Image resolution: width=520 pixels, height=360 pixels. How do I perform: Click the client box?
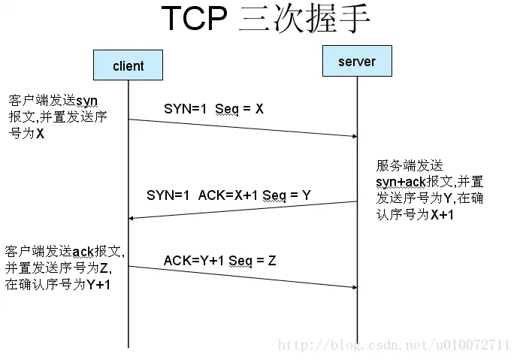(x=128, y=65)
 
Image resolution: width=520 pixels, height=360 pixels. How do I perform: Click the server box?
(x=357, y=61)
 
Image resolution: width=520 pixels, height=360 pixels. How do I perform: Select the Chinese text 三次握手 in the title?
(x=304, y=20)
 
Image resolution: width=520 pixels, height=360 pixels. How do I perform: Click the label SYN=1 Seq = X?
(x=213, y=109)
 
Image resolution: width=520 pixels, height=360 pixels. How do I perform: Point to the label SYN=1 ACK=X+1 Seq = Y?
(x=228, y=195)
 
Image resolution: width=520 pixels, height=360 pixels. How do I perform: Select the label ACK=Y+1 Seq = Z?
(x=219, y=260)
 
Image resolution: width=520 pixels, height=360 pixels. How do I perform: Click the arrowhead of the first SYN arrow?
(x=353, y=136)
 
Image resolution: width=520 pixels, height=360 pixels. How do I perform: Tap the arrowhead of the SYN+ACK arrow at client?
(x=132, y=218)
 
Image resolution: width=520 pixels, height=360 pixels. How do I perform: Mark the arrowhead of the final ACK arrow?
(x=353, y=287)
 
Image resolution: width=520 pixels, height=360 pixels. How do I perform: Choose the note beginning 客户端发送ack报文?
(x=65, y=268)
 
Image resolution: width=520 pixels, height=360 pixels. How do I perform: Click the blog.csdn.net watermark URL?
(x=394, y=345)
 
